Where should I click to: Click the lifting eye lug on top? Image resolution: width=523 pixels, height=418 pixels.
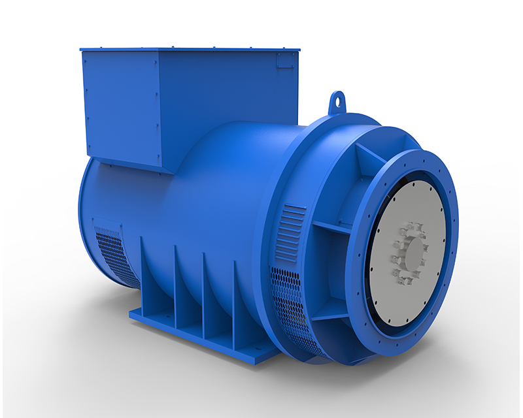[337, 101]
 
